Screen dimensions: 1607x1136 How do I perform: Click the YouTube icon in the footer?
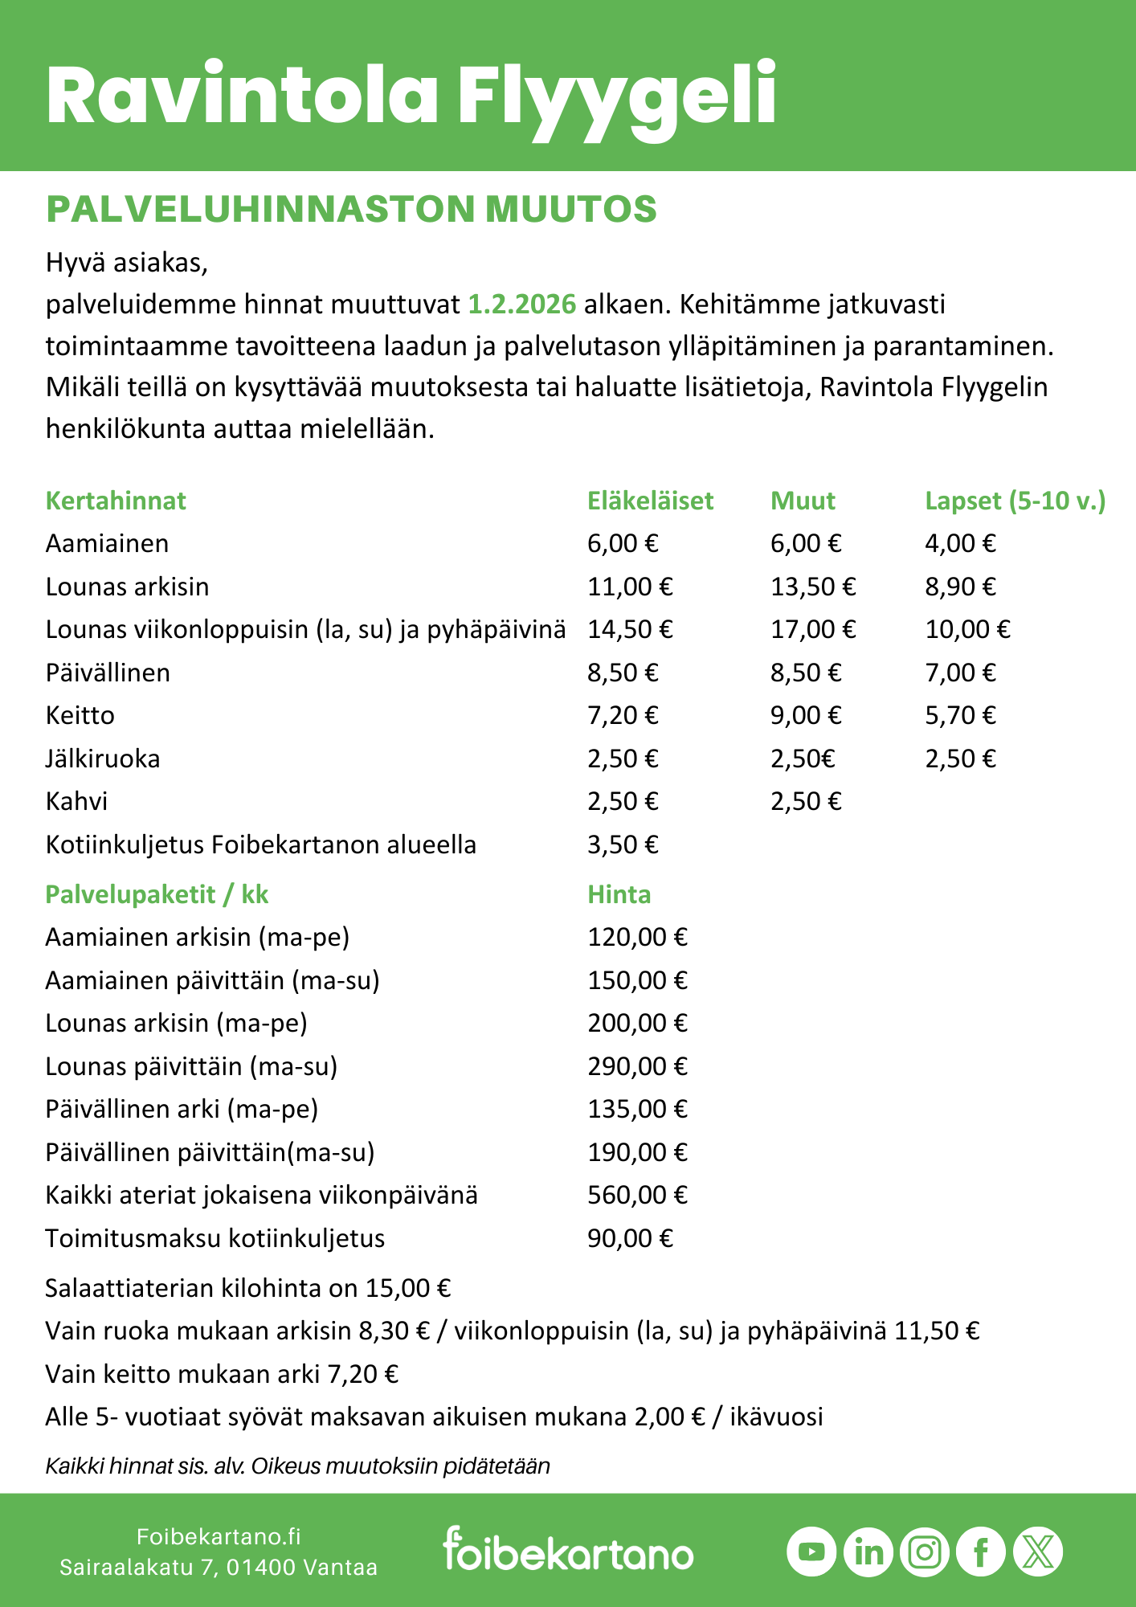811,1551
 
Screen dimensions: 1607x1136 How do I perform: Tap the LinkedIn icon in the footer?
868,1551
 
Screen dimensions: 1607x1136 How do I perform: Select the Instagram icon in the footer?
925,1551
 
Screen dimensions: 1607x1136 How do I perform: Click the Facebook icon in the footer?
981,1551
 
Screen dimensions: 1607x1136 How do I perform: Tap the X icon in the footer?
1038,1551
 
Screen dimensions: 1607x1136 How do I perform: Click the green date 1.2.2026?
522,305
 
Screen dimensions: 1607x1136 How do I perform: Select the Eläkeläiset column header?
650,501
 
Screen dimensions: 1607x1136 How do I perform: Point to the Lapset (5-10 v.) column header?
1015,501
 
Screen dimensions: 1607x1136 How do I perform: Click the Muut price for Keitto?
806,715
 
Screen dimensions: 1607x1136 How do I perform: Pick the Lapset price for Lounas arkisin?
960,587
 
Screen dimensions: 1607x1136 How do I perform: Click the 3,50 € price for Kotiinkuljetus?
623,844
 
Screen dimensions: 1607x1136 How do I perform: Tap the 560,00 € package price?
637,1195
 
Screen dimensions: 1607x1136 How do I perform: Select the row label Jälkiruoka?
103,759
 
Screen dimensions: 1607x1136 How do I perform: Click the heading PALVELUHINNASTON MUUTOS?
351,209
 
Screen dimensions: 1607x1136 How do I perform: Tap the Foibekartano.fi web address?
219,1536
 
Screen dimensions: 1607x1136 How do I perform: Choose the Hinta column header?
619,894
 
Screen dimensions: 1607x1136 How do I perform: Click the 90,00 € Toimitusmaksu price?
630,1238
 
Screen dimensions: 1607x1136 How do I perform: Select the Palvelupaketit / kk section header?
157,894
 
